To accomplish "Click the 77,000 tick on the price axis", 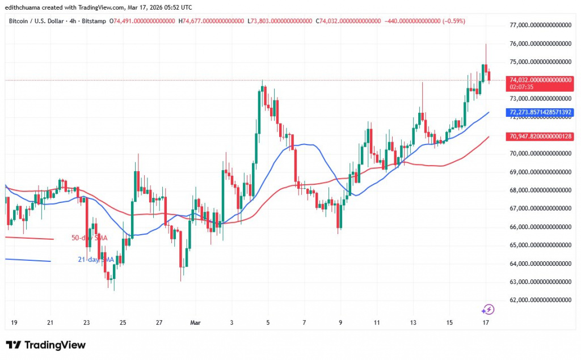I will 540,25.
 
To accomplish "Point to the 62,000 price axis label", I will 540,300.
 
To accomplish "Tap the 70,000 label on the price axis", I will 540,153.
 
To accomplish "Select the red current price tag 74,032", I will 540,80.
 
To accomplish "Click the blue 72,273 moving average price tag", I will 540,112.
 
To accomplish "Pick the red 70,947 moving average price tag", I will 540,136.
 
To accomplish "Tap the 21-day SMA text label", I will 96,259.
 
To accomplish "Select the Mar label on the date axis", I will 195,323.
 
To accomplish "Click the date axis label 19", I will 14,323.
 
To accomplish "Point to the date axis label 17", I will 486,323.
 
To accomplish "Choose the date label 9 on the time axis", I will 340,323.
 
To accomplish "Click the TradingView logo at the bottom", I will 45,345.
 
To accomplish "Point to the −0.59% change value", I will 453,21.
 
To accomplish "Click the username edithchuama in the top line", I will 23,7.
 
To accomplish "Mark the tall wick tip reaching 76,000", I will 486,44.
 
